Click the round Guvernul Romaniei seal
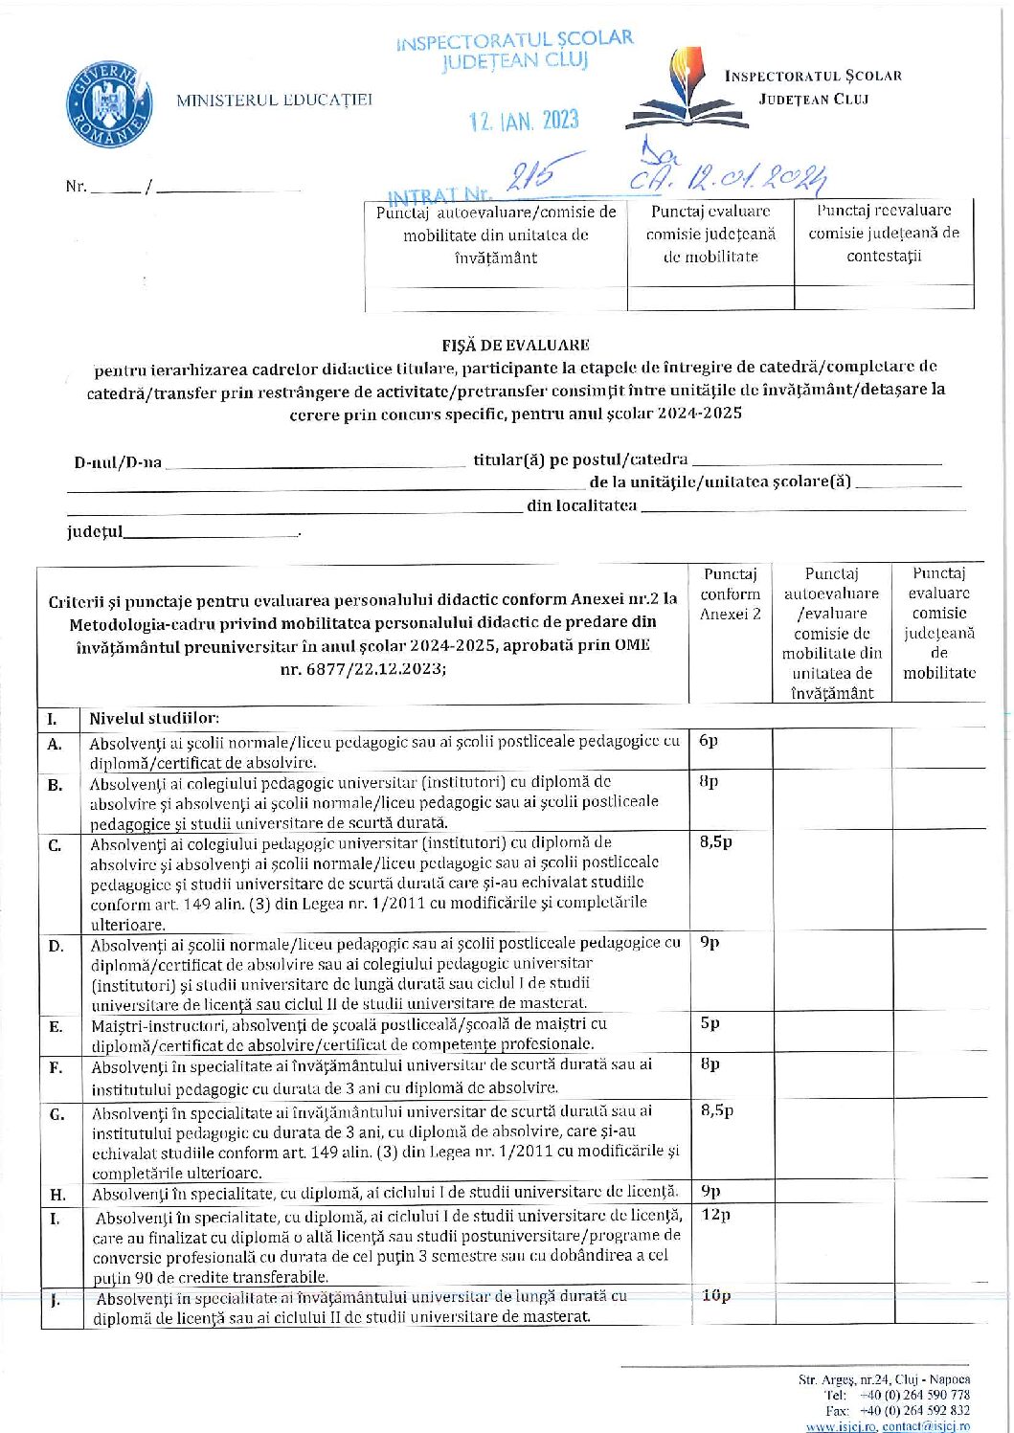point(109,105)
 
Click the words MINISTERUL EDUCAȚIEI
point(274,100)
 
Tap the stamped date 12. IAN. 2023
point(524,121)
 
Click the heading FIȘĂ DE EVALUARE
point(515,345)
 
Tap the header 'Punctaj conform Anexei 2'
point(730,593)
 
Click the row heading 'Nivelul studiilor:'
point(154,718)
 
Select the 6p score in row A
point(709,740)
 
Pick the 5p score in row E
point(710,1022)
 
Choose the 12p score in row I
point(715,1214)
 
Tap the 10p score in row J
point(716,1295)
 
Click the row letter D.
point(56,946)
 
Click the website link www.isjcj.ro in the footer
point(841,1426)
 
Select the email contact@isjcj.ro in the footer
point(926,1426)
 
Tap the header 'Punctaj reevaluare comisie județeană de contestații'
point(884,233)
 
